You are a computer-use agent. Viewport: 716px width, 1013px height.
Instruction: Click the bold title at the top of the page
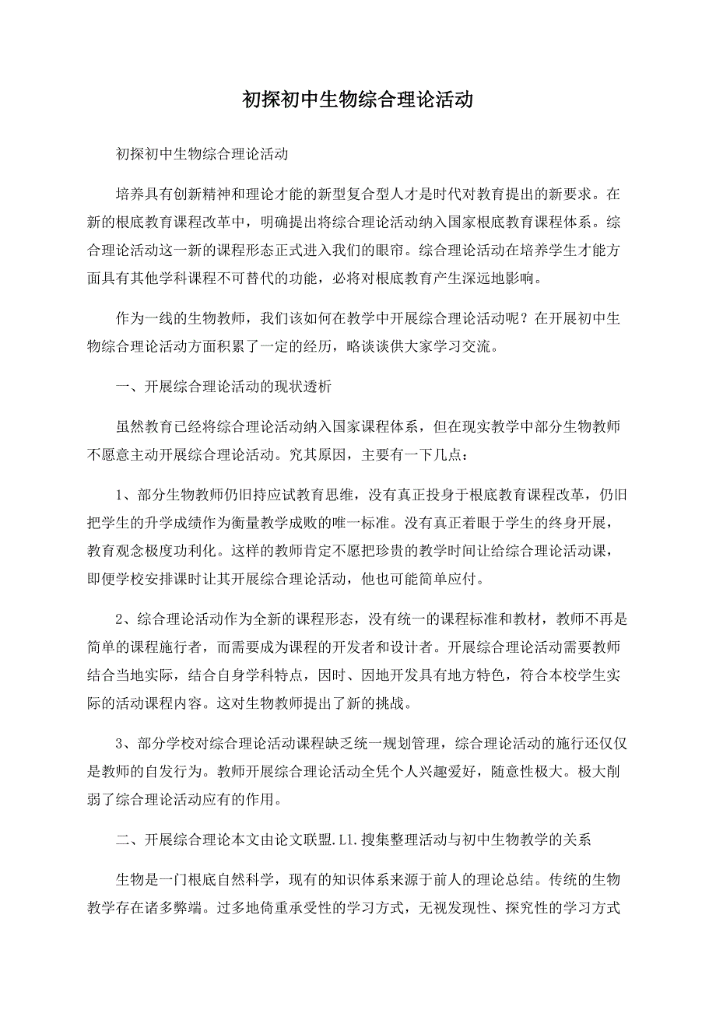357,100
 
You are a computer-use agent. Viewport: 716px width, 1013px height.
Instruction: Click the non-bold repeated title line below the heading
202,153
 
